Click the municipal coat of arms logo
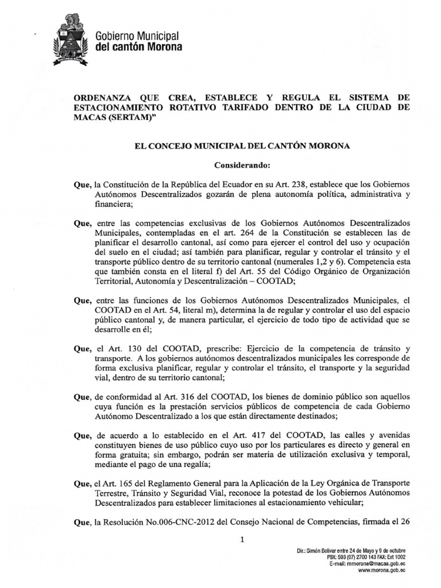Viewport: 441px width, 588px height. [x=71, y=38]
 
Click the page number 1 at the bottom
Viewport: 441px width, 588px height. [x=242, y=539]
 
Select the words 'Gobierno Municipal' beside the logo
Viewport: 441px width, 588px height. [x=137, y=36]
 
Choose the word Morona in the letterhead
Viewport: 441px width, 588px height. [x=164, y=47]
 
